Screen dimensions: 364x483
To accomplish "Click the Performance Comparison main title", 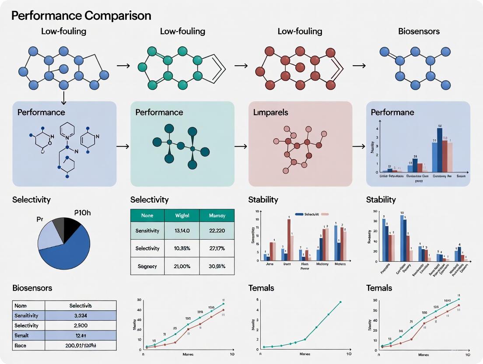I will pos(81,16).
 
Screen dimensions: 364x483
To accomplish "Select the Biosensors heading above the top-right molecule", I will pos(419,31).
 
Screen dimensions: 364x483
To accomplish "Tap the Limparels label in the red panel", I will pos(271,112).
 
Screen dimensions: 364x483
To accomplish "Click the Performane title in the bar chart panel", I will pos(392,112).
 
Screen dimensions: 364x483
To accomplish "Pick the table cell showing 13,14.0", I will pos(182,231).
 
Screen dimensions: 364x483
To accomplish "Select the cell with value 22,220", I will pos(217,231).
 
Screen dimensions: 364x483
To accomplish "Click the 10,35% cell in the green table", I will pos(182,248).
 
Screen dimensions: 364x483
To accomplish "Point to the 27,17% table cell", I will pos(217,248).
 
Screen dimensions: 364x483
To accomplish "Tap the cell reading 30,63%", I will pos(217,266).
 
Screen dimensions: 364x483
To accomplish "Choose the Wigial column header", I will pos(182,216).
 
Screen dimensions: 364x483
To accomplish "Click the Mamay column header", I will pos(217,216).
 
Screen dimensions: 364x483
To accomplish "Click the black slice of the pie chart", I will pos(71,229).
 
